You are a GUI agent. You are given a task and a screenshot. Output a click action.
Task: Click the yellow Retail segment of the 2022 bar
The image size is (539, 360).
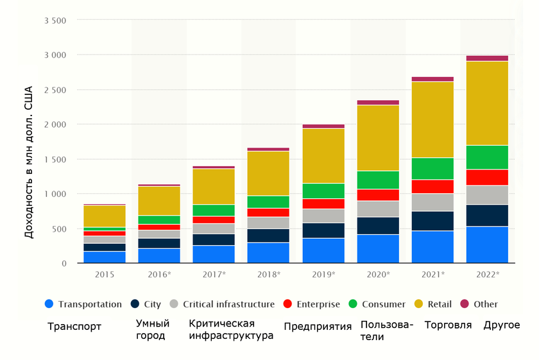point(487,103)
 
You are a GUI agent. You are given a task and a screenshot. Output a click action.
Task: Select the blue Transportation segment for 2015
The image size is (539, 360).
point(105,257)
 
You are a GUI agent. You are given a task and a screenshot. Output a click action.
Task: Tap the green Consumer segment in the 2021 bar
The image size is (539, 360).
point(432,168)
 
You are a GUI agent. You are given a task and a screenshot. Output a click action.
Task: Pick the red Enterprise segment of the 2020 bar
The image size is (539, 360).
point(378,195)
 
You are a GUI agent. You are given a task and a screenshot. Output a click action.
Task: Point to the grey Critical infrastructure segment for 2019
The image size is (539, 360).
point(323,216)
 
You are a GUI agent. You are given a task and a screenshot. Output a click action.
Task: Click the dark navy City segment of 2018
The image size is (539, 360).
point(268,236)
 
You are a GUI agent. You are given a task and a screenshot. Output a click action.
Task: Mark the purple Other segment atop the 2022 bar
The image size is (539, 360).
point(487,58)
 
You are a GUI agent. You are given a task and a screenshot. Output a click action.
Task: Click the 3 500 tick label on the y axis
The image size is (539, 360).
point(55,21)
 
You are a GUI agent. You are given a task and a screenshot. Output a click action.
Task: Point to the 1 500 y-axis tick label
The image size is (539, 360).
point(55,159)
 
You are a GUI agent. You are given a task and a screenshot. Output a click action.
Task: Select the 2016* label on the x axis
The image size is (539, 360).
point(159,274)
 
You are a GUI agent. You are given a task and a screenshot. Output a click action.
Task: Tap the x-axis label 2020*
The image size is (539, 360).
point(378,274)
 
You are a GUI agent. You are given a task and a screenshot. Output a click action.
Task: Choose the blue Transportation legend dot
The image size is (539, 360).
point(49,304)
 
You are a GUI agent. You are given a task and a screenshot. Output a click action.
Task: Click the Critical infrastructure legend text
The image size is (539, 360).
point(228,304)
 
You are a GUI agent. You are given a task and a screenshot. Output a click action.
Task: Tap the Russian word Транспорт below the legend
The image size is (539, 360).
point(74,326)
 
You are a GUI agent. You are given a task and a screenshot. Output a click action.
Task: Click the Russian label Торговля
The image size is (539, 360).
point(448,325)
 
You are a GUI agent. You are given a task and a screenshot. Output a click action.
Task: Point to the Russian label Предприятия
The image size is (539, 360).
point(318,326)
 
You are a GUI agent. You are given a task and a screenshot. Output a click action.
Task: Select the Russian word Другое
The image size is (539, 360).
point(501,325)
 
